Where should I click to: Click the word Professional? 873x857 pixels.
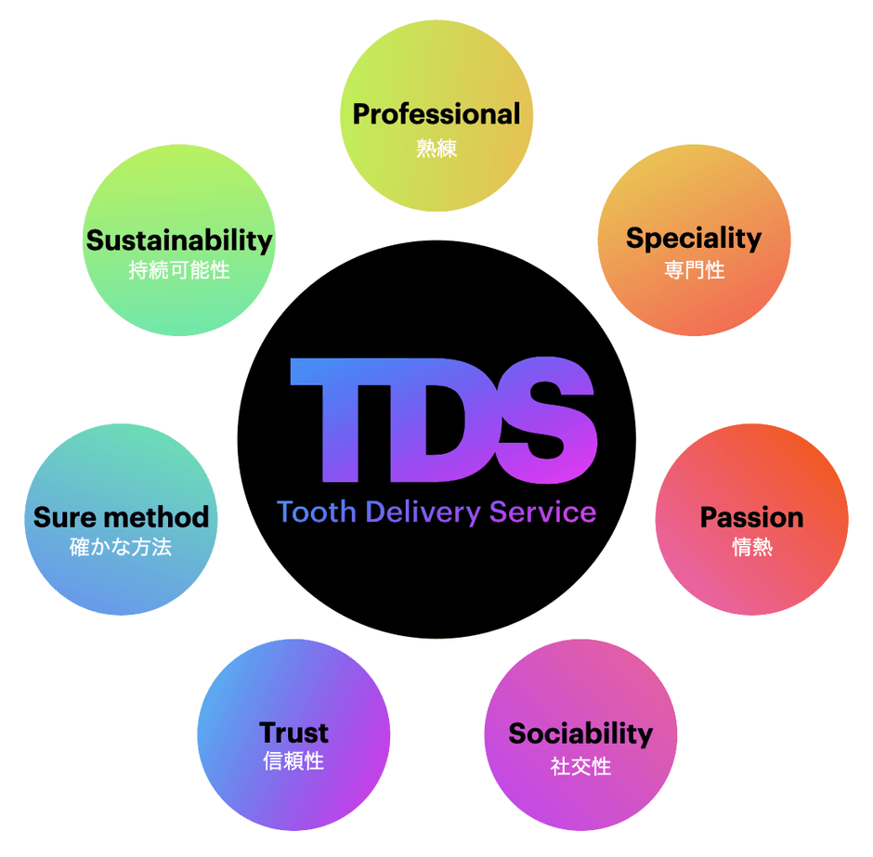tap(436, 114)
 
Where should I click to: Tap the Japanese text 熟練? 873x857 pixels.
tap(436, 149)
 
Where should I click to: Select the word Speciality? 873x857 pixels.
tap(694, 239)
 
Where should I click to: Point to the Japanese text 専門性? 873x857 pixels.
tap(695, 270)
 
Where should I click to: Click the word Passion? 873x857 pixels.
tap(751, 517)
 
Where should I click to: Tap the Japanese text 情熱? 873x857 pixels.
tap(752, 547)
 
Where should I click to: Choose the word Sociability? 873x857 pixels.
tap(580, 734)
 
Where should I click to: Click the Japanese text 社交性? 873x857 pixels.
tap(580, 766)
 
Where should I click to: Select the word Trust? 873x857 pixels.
tap(294, 733)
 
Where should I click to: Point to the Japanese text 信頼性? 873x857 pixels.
tap(293, 760)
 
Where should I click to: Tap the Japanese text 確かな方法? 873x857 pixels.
tap(121, 547)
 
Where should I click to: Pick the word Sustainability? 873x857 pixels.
tap(179, 241)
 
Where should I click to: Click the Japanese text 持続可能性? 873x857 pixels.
tap(179, 270)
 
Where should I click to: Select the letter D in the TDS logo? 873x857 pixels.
tap(441, 421)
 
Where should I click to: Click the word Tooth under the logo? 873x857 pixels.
tap(317, 512)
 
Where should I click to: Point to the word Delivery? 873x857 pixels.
tap(423, 513)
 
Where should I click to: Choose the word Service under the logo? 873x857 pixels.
tap(543, 512)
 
